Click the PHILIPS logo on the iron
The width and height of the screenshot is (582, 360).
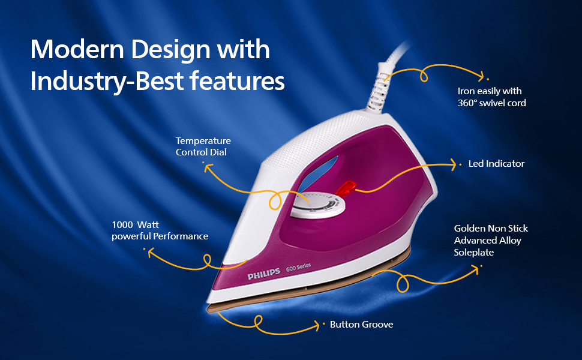pyautogui.click(x=263, y=273)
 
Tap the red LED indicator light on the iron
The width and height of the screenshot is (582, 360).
pyautogui.click(x=347, y=187)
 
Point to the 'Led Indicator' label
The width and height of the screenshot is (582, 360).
pyautogui.click(x=496, y=163)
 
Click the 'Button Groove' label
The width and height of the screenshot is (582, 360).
pyautogui.click(x=361, y=325)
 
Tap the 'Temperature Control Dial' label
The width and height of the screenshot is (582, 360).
pyautogui.click(x=203, y=146)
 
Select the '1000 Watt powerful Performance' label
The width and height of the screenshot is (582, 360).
pyautogui.click(x=160, y=230)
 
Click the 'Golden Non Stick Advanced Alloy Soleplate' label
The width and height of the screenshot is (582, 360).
pyautogui.click(x=491, y=240)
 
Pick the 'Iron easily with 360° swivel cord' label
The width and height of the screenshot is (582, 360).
pyautogui.click(x=491, y=97)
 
